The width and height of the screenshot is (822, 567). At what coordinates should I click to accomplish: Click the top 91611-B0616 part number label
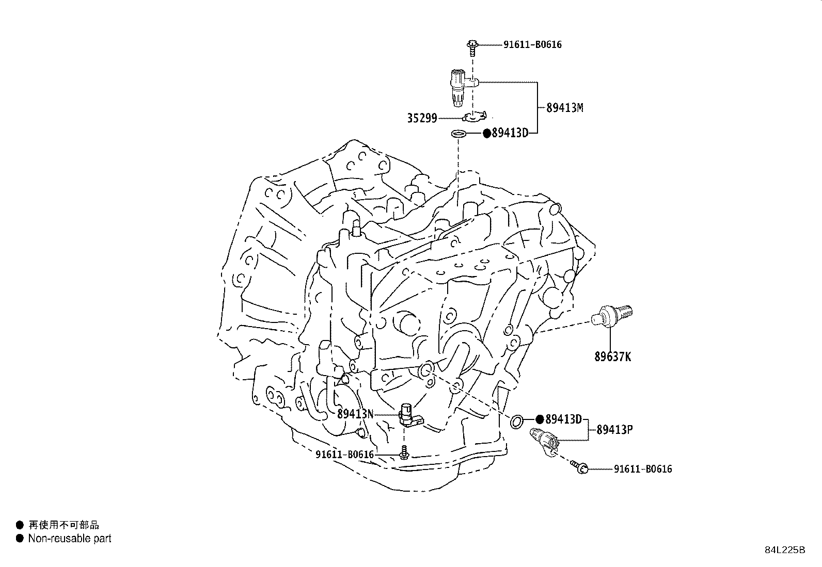(532, 44)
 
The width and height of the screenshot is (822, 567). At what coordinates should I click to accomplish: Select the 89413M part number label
(564, 108)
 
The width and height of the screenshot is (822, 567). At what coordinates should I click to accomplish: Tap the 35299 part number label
(422, 118)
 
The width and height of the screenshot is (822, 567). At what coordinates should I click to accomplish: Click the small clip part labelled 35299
(474, 117)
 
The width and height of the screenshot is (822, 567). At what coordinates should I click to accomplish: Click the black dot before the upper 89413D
(486, 133)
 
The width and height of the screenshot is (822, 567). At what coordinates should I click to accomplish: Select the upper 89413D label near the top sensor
(510, 133)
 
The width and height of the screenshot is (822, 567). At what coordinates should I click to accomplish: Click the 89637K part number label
(612, 357)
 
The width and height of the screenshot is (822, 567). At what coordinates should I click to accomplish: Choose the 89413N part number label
(355, 414)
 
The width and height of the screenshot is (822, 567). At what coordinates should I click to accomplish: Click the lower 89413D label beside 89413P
(564, 419)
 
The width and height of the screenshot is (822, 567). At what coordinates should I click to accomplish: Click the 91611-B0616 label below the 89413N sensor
(344, 454)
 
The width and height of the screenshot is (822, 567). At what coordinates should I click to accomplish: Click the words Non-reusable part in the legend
(70, 539)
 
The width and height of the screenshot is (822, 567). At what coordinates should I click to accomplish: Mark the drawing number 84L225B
(785, 550)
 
